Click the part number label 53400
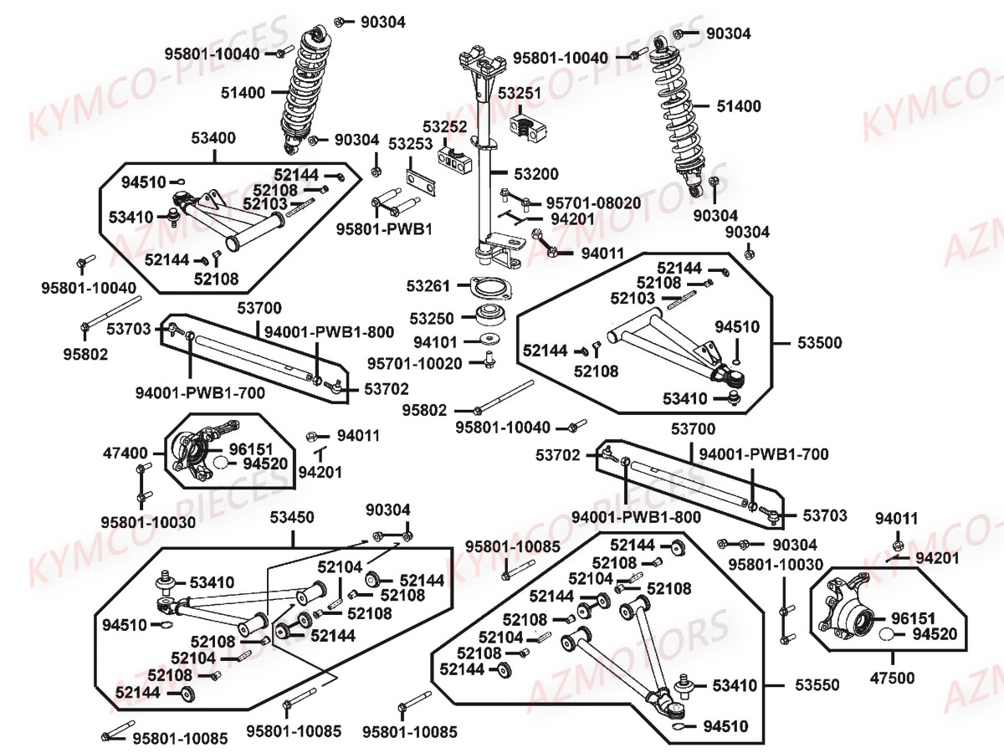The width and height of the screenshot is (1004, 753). [x=213, y=138]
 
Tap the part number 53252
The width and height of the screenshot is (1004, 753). [x=444, y=126]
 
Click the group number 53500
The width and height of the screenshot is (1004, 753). [x=819, y=343]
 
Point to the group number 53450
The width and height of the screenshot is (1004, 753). [x=293, y=518]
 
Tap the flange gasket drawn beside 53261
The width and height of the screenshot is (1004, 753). [x=489, y=287]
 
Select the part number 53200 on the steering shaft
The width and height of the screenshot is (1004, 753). [x=535, y=175]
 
